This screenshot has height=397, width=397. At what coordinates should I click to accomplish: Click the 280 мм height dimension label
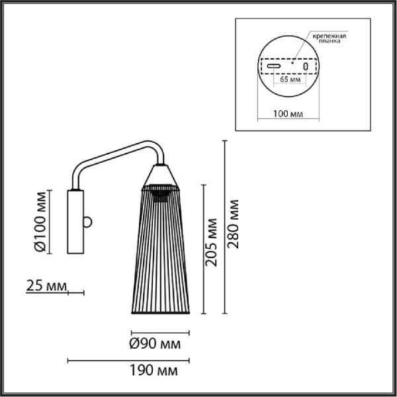pyautogui.click(x=233, y=224)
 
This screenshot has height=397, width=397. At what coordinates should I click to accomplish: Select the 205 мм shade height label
pyautogui.click(x=212, y=242)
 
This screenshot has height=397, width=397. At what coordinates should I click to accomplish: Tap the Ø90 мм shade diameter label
pyautogui.click(x=155, y=344)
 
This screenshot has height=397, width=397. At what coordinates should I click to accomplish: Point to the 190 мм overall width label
pyautogui.click(x=154, y=371)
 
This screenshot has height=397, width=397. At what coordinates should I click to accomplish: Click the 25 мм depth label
pyautogui.click(x=46, y=286)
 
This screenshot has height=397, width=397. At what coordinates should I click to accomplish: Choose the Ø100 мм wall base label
pyautogui.click(x=40, y=222)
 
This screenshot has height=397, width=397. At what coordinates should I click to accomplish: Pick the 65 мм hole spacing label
pyautogui.click(x=290, y=79)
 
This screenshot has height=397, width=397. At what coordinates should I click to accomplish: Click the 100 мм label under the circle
pyautogui.click(x=288, y=114)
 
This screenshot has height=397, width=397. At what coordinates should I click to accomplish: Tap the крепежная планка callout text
pyautogui.click(x=330, y=38)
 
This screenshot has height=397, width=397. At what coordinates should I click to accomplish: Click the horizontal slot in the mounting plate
pyautogui.click(x=274, y=66)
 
